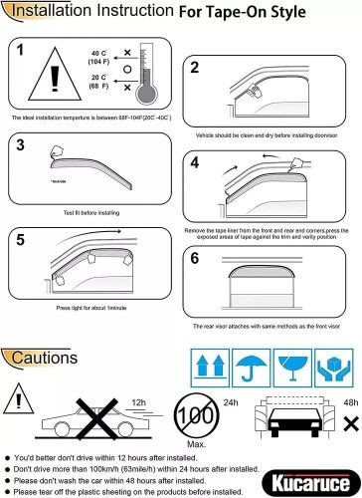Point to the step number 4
point(195,161)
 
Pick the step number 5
point(21,239)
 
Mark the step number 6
point(195,257)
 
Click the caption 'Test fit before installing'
point(83,211)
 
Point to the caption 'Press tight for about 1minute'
point(83,310)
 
